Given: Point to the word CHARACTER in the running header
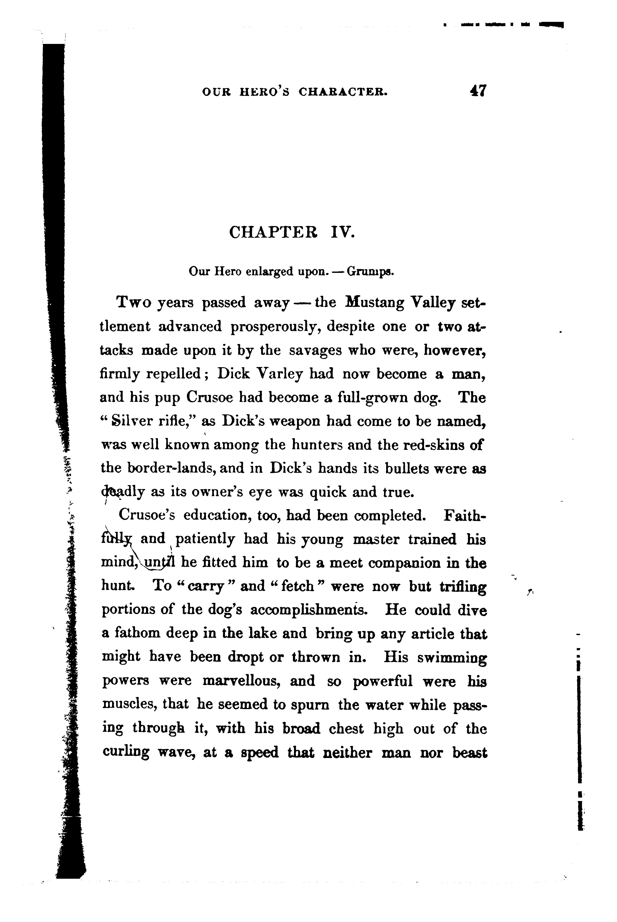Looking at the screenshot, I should (343, 92).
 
